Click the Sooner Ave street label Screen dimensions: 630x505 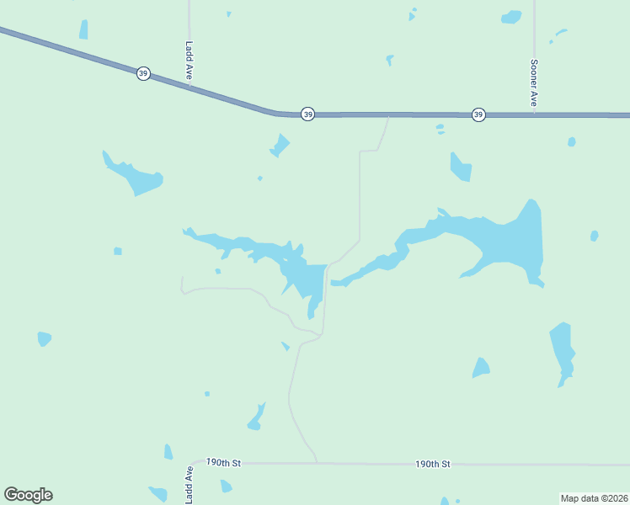coord(534,82)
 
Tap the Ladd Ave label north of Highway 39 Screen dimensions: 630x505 coord(190,61)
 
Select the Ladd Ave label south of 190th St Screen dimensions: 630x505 coord(190,486)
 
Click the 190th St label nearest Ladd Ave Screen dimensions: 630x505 coord(224,463)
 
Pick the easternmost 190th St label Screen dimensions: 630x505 coord(433,464)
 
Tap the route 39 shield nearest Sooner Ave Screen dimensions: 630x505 coord(478,114)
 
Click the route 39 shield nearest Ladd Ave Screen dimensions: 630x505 coord(144,74)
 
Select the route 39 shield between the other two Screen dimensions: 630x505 coord(308,114)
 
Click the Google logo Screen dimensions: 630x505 coord(28,495)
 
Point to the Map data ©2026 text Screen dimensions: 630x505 coord(595,497)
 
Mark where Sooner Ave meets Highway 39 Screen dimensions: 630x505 coord(534,114)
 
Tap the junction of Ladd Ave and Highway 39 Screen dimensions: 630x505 coord(190,85)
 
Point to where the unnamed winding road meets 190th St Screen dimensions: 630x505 coord(317,463)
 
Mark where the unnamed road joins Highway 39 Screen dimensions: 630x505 coord(387,115)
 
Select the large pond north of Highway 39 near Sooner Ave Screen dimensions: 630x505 coord(511,17)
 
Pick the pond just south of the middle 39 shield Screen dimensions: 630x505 coord(280,146)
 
